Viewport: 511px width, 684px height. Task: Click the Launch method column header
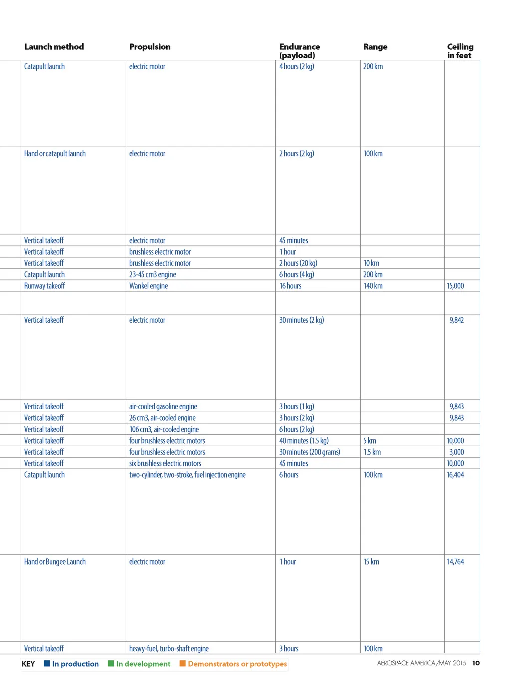click(x=54, y=47)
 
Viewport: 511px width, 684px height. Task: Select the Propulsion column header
click(x=150, y=47)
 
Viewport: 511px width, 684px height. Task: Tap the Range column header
click(x=375, y=47)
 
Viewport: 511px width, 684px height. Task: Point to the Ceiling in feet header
click(x=460, y=51)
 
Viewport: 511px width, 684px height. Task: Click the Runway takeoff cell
click(x=45, y=286)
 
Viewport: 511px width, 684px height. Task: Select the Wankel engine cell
click(x=148, y=286)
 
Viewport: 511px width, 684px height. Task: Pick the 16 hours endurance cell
click(x=290, y=286)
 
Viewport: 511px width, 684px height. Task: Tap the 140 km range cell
click(x=373, y=286)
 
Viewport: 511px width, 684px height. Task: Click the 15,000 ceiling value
click(x=455, y=286)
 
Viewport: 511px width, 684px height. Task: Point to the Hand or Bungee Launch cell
click(x=55, y=562)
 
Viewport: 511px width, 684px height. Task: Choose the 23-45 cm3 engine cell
click(x=152, y=274)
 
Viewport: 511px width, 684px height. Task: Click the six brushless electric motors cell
click(x=165, y=463)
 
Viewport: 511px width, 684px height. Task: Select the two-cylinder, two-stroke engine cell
click(x=187, y=475)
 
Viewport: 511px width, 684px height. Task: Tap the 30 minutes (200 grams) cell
click(x=309, y=452)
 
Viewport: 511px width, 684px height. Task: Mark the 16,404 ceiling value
click(x=455, y=475)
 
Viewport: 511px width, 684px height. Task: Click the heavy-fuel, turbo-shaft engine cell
click(x=169, y=648)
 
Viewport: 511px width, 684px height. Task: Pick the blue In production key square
click(x=47, y=663)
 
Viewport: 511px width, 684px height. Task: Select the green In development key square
click(x=111, y=663)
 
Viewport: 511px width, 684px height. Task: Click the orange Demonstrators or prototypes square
click(x=182, y=663)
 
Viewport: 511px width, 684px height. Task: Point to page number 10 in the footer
click(x=476, y=663)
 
